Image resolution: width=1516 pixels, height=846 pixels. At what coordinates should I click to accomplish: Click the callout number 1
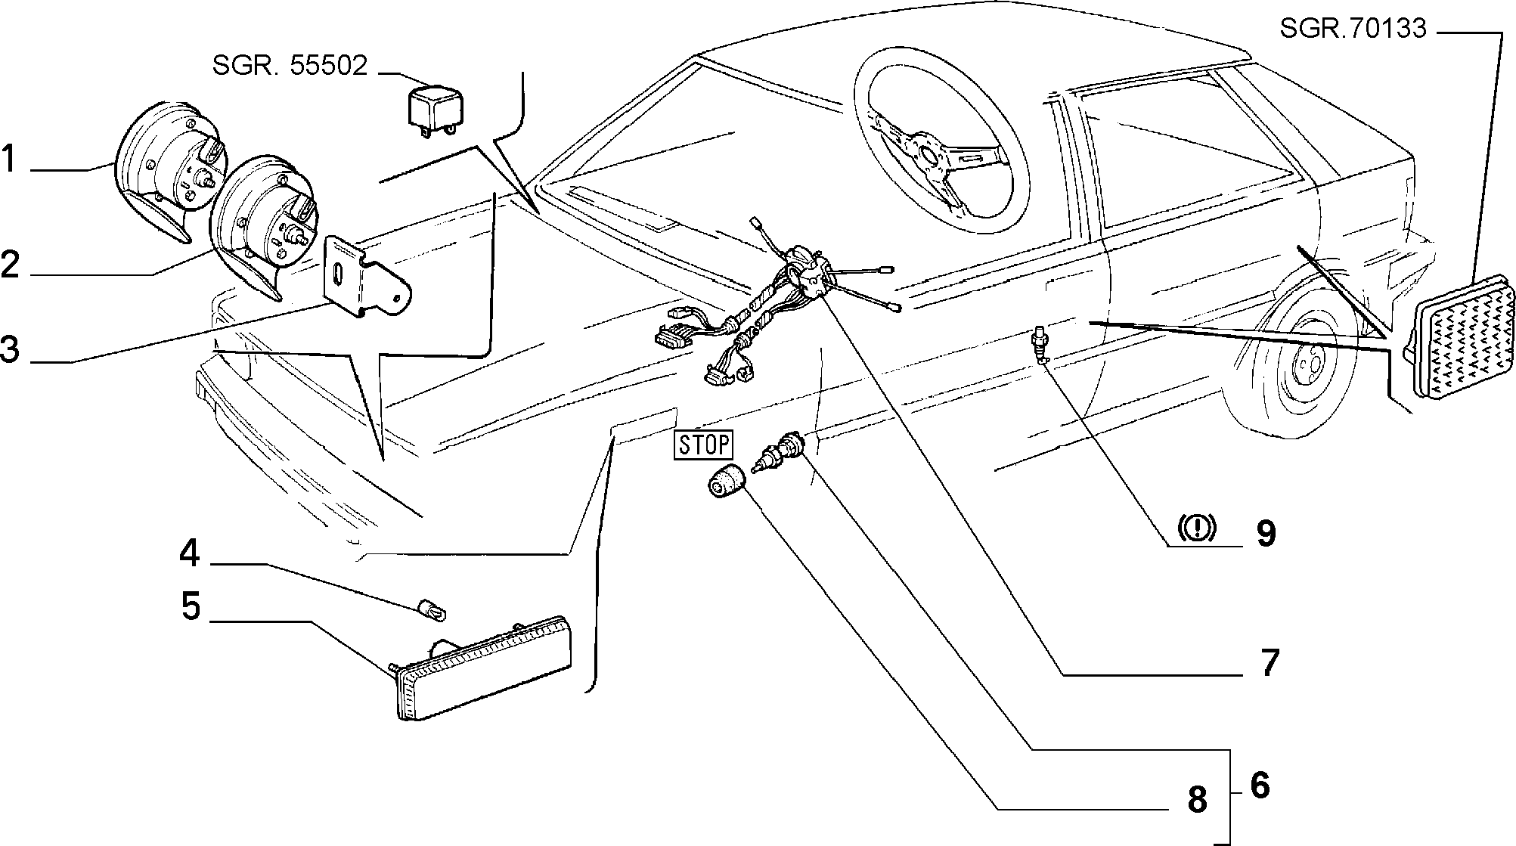[9, 160]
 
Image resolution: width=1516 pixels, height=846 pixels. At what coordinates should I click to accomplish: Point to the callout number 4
[190, 553]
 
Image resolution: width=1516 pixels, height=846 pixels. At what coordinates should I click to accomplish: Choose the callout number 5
[191, 606]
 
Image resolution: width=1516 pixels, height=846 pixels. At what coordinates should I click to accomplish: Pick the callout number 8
[1197, 798]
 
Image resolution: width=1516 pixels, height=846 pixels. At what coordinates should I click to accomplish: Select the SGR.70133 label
[1353, 29]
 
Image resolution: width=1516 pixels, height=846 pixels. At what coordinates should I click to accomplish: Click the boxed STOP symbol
[704, 445]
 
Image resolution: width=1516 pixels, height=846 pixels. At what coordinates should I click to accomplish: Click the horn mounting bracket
[365, 274]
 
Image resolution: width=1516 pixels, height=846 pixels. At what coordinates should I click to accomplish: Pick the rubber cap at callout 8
[725, 482]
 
